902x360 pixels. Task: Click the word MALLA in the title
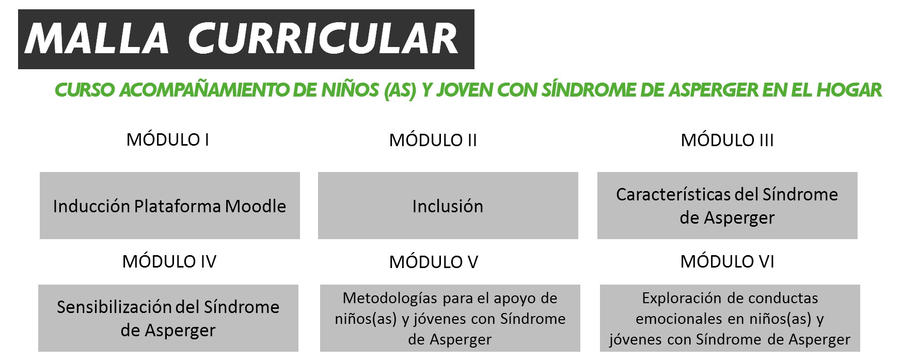pyautogui.click(x=97, y=39)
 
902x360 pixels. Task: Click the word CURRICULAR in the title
pyautogui.click(x=323, y=39)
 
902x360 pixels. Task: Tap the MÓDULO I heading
pyautogui.click(x=168, y=139)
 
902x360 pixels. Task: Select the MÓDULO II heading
pyautogui.click(x=433, y=140)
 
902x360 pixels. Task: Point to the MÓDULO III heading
pyautogui.click(x=727, y=140)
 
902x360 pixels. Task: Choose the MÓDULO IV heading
pyautogui.click(x=169, y=261)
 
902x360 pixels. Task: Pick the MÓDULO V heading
pyautogui.click(x=434, y=262)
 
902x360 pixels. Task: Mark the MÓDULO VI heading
pyautogui.click(x=727, y=261)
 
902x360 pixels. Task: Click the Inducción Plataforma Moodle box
pyautogui.click(x=170, y=206)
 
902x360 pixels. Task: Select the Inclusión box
pyautogui.click(x=448, y=206)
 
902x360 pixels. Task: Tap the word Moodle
pyautogui.click(x=256, y=206)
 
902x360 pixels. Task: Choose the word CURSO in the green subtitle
pyautogui.click(x=85, y=90)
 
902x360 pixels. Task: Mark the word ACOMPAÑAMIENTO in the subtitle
pyautogui.click(x=204, y=90)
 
